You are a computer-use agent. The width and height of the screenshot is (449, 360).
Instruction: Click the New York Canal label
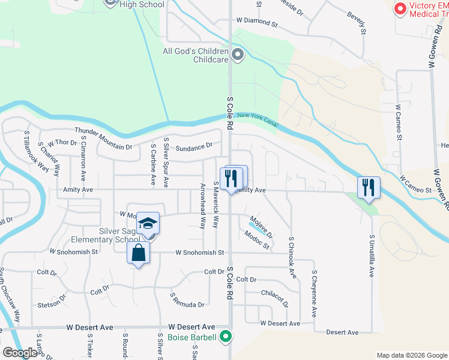pyautogui.click(x=258, y=119)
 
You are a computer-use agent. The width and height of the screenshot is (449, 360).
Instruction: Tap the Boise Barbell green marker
pyautogui.click(x=226, y=337)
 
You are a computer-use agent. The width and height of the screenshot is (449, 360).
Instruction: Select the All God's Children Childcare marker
pyautogui.click(x=238, y=56)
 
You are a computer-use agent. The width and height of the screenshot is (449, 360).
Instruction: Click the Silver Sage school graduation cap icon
pyautogui.click(x=148, y=224)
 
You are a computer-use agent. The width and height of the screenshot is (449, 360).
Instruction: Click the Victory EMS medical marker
pyautogui.click(x=400, y=9)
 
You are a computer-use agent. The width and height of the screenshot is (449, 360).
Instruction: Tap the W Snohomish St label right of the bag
pyautogui.click(x=199, y=253)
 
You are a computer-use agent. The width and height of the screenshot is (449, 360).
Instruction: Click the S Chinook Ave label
pyautogui.click(x=292, y=257)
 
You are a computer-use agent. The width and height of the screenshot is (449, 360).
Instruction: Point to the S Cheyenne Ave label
pyautogui.click(x=313, y=293)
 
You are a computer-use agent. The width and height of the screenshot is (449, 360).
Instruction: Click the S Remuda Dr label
pyautogui.click(x=187, y=301)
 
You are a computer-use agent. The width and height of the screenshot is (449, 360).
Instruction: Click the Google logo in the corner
pyautogui.click(x=20, y=353)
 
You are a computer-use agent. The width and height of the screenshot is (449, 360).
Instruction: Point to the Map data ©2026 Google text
pyautogui.click(x=411, y=355)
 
